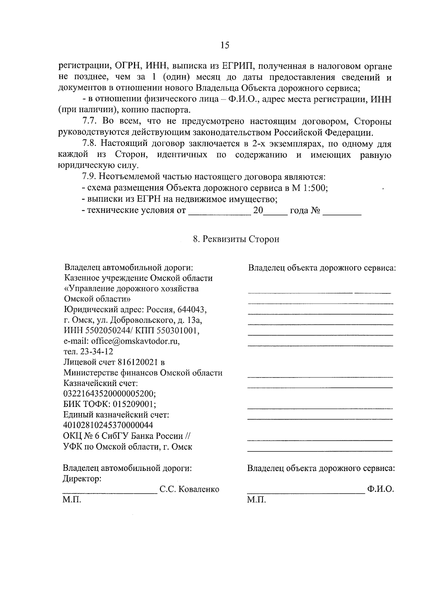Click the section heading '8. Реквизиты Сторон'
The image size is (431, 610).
tap(236, 239)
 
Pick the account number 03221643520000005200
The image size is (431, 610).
tap(109, 393)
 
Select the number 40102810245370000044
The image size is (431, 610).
tap(108, 425)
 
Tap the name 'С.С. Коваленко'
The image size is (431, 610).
tap(189, 489)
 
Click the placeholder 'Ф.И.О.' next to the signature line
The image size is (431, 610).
tap(381, 489)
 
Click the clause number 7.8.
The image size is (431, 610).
tap(90, 143)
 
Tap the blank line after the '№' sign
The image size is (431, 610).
tap(342, 213)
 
